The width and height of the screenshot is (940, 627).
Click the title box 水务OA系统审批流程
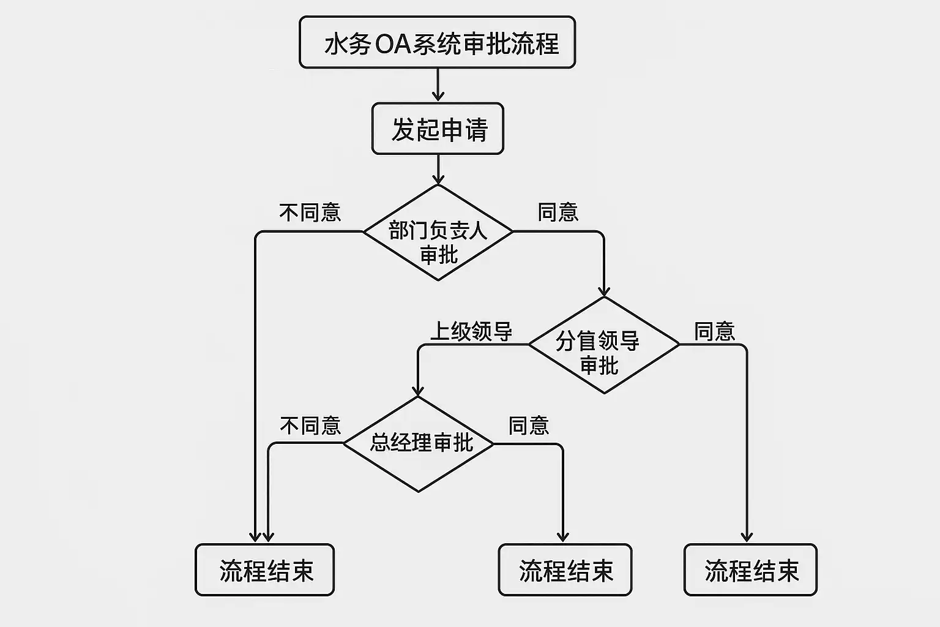(x=437, y=42)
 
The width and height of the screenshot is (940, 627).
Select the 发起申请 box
(x=438, y=129)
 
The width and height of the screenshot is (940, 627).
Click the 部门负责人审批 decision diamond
(x=438, y=233)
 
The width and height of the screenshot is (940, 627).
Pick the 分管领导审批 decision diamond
(x=603, y=345)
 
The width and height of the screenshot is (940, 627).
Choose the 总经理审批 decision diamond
(x=419, y=444)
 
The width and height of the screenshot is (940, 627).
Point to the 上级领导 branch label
(x=471, y=331)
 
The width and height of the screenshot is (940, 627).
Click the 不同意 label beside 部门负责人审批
(x=310, y=212)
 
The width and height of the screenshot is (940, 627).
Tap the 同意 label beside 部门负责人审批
(x=558, y=212)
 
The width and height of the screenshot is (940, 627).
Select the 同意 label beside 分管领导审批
(x=714, y=331)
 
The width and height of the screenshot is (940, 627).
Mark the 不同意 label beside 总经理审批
(x=310, y=426)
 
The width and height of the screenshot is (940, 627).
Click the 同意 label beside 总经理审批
(x=529, y=426)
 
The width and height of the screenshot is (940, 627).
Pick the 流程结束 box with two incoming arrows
(x=264, y=570)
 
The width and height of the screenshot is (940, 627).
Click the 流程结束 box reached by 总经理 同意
(x=565, y=570)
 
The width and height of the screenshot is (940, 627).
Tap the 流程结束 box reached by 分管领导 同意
(x=750, y=570)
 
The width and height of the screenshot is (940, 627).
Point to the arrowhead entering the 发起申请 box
(x=438, y=97)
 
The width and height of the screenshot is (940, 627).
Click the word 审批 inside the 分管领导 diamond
(x=599, y=366)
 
